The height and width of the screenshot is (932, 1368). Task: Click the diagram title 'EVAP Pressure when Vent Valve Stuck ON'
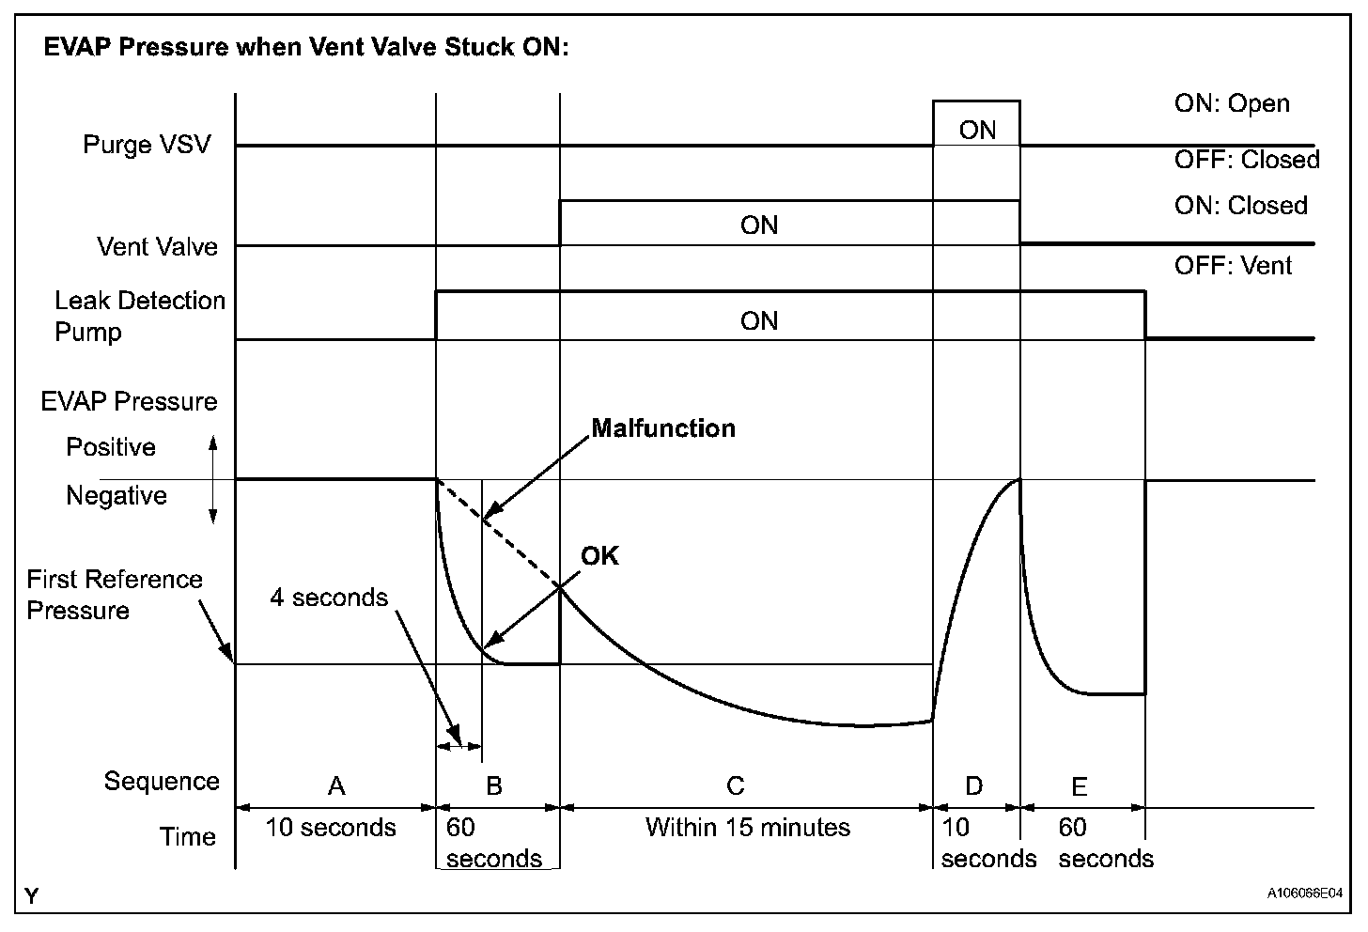point(306,47)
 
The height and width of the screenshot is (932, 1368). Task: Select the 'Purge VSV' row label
point(147,145)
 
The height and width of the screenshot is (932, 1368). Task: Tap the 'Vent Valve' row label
point(157,246)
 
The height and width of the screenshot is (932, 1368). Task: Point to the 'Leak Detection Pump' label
point(139,317)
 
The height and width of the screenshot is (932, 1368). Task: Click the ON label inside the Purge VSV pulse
point(977,130)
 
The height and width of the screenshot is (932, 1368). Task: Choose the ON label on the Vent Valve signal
point(759,225)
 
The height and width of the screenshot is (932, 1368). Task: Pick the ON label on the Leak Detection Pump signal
point(759,321)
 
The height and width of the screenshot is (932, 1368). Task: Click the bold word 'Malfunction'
point(663,428)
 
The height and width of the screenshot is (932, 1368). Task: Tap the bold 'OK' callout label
point(599,556)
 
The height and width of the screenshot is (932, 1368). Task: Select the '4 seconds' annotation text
point(329,598)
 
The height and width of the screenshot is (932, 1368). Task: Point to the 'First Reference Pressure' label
point(114,595)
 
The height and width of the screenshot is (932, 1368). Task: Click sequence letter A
point(336,785)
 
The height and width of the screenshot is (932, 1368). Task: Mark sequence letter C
point(736,785)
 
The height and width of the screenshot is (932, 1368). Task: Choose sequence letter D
point(974,785)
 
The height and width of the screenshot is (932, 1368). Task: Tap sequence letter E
point(1079,785)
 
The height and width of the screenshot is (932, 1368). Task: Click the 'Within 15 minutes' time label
point(747,828)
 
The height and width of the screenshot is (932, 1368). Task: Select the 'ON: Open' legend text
point(1232,103)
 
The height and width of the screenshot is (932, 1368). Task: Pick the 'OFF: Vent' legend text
point(1233,266)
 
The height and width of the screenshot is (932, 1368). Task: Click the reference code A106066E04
point(1303,893)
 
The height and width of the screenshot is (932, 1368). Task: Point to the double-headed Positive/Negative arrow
point(212,479)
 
